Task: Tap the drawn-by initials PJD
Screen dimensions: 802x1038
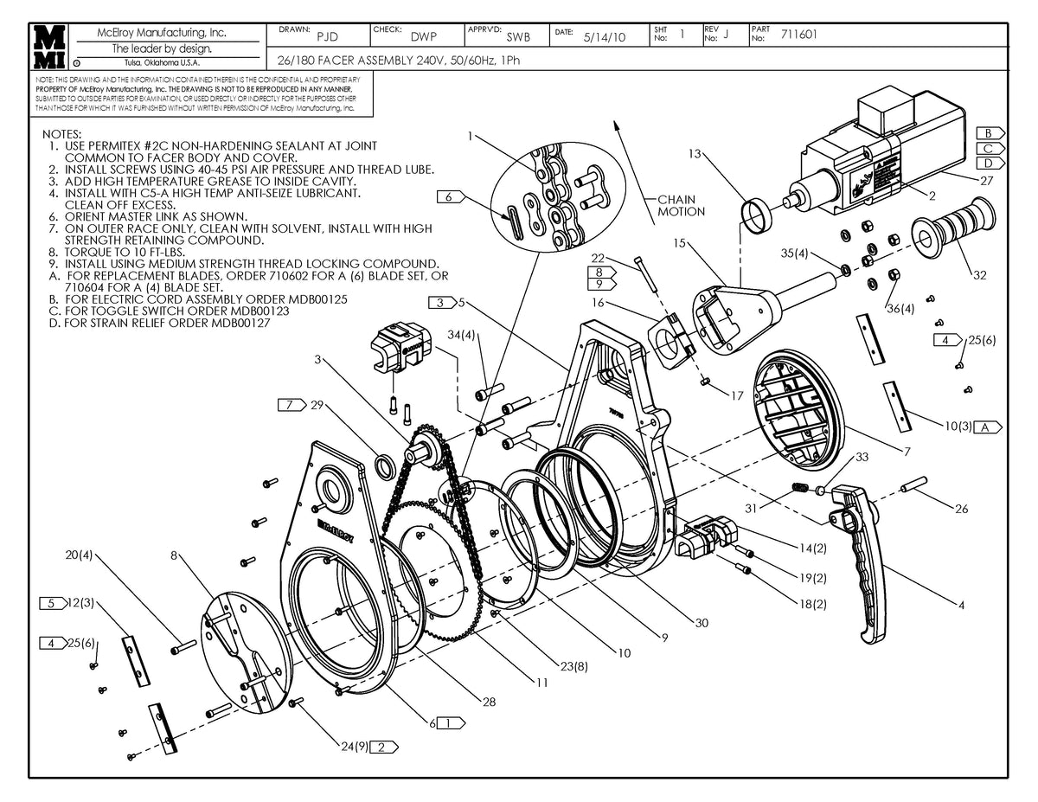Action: (327, 37)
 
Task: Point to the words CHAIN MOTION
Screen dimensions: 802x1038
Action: (682, 205)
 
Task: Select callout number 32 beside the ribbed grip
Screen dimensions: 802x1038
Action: (979, 276)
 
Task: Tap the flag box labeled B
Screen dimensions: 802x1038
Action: (988, 133)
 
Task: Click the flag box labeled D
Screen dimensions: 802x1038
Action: (988, 163)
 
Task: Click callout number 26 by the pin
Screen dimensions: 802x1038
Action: (961, 509)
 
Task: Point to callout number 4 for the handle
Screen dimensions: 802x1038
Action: (961, 605)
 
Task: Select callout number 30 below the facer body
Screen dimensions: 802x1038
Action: (701, 622)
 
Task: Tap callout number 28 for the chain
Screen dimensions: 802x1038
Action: (489, 702)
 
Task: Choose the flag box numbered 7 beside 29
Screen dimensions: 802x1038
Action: (291, 404)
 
